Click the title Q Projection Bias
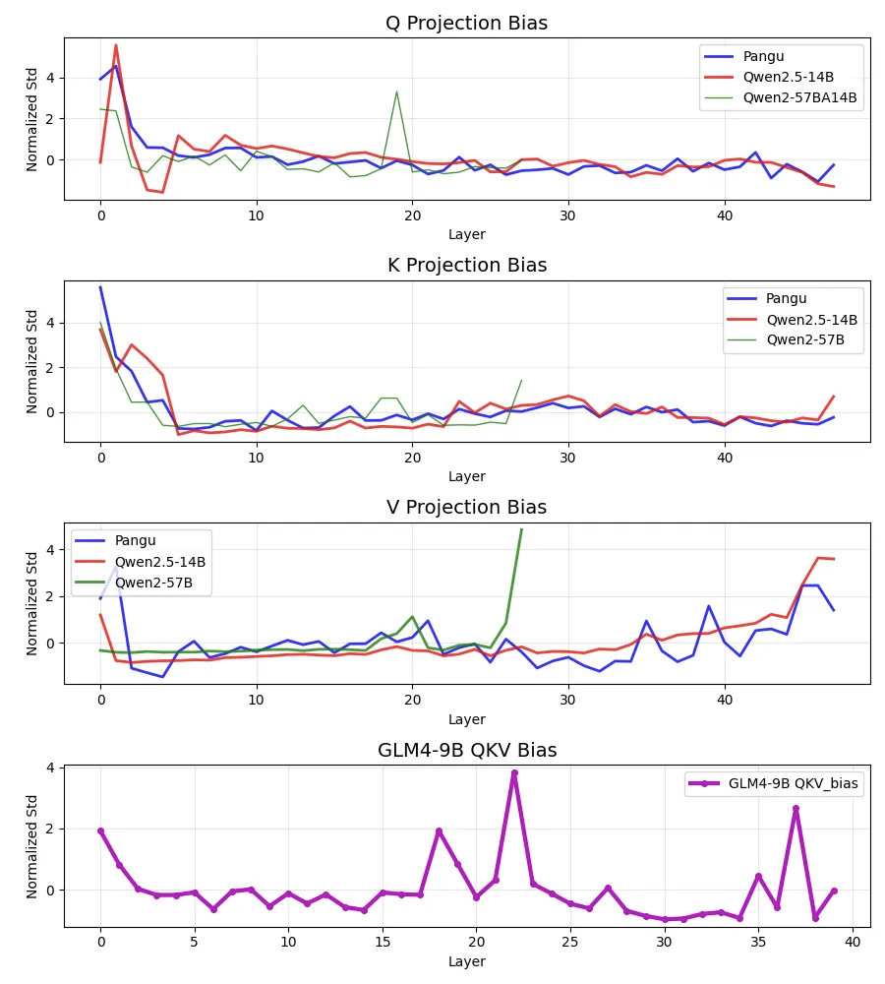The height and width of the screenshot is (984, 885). tap(467, 24)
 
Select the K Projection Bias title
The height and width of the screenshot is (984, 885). tap(467, 265)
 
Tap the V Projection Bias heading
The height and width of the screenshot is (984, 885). tap(467, 508)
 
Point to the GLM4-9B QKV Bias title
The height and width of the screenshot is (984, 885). tap(467, 750)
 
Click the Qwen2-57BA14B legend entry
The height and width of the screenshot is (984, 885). tap(801, 97)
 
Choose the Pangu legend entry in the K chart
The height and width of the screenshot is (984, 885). tap(788, 299)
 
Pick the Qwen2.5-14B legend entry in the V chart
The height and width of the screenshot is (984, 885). tap(160, 562)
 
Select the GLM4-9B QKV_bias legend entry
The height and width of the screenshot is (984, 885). tap(796, 784)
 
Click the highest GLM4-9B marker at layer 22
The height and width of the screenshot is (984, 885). tap(514, 773)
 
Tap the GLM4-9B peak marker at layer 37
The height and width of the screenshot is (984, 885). tap(796, 809)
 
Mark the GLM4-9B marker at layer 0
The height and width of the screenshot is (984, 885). tap(100, 830)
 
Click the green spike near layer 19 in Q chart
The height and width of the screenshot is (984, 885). tap(396, 92)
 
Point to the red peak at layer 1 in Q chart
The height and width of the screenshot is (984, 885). tap(116, 45)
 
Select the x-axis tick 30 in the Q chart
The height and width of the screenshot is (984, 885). tap(568, 215)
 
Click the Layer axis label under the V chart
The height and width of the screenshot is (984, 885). tap(467, 719)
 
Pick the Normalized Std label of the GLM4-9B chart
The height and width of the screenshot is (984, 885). tap(33, 846)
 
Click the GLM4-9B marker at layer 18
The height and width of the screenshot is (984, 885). tap(439, 831)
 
